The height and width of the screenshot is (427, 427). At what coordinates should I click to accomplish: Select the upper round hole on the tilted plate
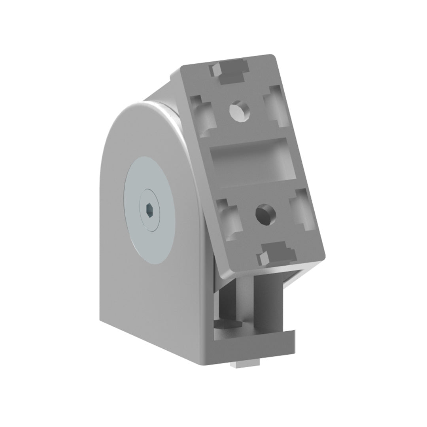239,110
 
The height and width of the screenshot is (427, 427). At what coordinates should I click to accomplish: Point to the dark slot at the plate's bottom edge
279,251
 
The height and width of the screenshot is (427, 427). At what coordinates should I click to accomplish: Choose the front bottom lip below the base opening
253,342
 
